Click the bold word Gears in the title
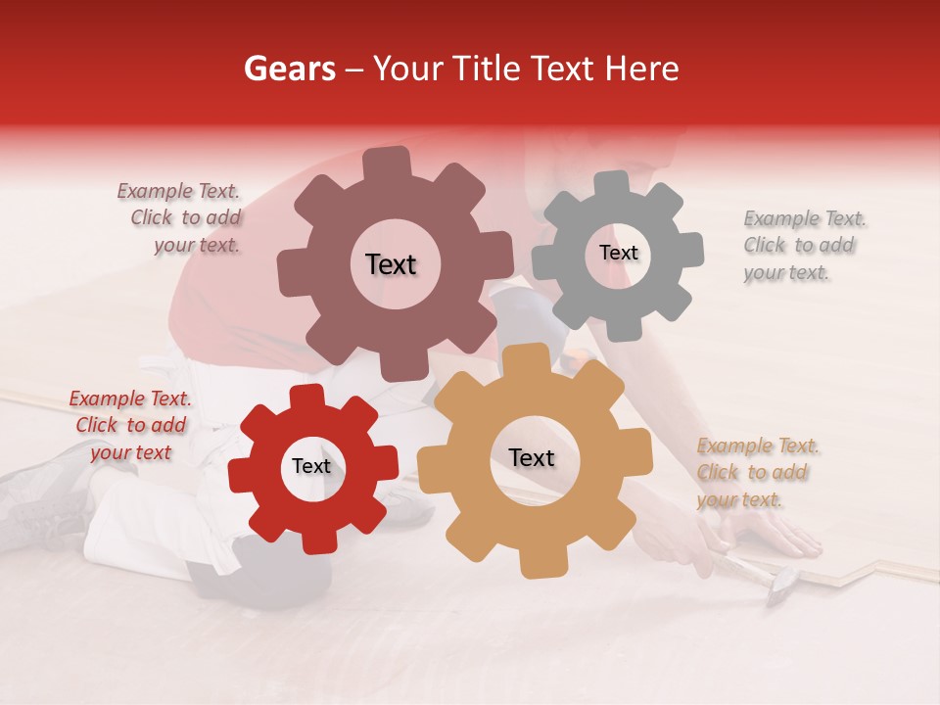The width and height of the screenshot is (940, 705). coord(289,69)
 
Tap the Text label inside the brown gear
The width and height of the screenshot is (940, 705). coord(391,264)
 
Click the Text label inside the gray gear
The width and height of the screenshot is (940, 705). coord(618,253)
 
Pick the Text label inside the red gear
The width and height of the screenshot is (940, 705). coord(311,467)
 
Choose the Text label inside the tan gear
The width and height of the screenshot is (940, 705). coord(532,458)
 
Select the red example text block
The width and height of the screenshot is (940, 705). coord(130,425)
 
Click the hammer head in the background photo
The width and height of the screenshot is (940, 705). coord(783,587)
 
